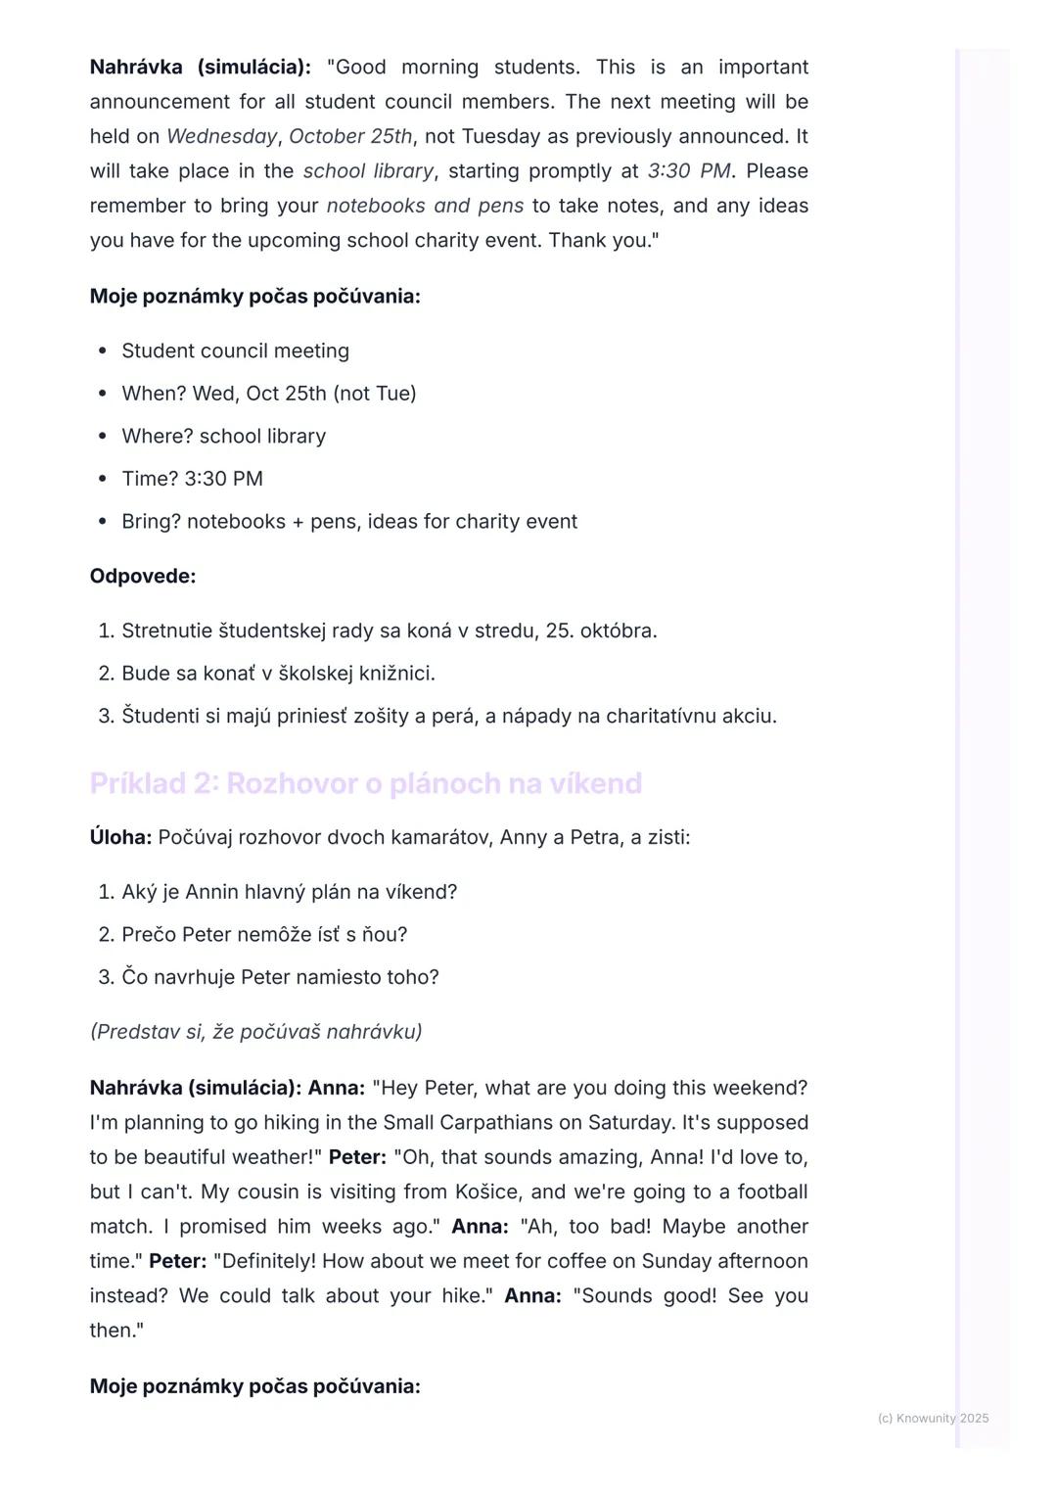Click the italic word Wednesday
click(x=221, y=136)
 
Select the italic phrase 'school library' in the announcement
click(x=368, y=171)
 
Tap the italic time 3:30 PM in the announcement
click(x=689, y=171)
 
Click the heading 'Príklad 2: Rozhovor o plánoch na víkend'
click(x=366, y=783)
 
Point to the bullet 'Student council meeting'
click(x=235, y=351)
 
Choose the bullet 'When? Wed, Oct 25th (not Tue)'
click(x=269, y=394)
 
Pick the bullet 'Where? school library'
click(x=223, y=436)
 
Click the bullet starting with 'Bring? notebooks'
click(x=349, y=522)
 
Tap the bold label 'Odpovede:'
click(x=143, y=577)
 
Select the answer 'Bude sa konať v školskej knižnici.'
click(x=278, y=674)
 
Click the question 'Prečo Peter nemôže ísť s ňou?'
click(x=264, y=935)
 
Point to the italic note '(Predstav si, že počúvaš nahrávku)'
click(x=256, y=1032)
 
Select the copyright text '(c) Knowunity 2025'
click(x=933, y=1419)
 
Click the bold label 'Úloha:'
click(x=120, y=838)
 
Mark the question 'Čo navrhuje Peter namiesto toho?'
click(x=280, y=977)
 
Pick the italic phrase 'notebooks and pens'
click(x=425, y=206)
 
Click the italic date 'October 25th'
click(x=350, y=136)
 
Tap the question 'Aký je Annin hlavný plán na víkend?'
click(x=289, y=893)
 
